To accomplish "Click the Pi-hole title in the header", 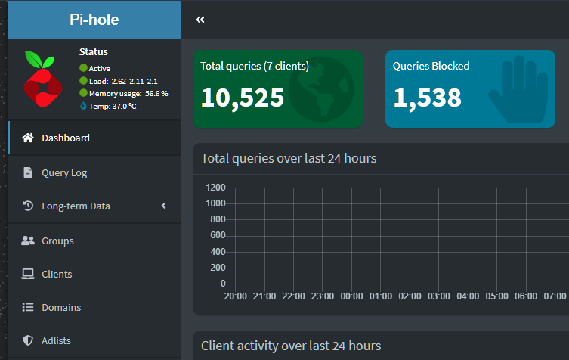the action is (94, 20).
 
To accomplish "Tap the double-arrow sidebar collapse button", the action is (200, 20).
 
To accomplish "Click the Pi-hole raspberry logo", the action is (43, 79).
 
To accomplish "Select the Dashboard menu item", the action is (65, 138).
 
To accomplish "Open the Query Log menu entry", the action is (64, 173).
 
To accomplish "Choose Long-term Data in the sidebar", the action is (76, 206).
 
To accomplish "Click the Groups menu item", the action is (57, 241).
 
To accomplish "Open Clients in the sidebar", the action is (57, 274).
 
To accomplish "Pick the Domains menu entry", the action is (61, 307).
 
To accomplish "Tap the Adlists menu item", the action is (56, 341).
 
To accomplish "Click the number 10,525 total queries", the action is (243, 98).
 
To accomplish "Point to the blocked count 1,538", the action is (427, 98).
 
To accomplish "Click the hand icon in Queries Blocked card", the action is (518, 89).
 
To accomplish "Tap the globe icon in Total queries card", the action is (321, 89).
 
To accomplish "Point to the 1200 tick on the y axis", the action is (215, 188).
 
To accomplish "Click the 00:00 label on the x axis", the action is (351, 296).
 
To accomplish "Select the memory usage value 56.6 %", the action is (156, 94).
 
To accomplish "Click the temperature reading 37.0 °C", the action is (124, 107).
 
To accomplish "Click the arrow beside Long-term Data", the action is (164, 206).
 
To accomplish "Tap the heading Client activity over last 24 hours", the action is (291, 346).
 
